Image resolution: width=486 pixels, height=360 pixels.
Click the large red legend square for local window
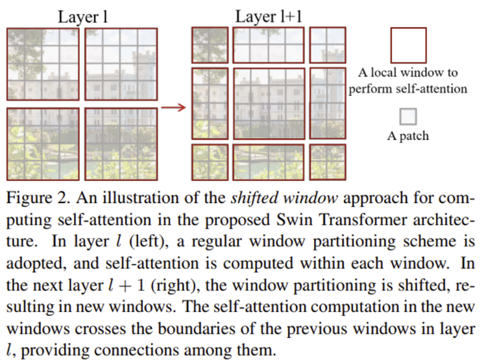click(x=408, y=45)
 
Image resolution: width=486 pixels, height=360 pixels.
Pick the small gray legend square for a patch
click(x=407, y=117)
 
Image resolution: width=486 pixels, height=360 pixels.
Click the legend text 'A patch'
click(x=407, y=137)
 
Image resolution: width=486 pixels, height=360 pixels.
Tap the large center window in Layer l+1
click(x=269, y=103)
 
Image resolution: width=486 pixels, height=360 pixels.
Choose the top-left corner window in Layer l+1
click(x=210, y=45)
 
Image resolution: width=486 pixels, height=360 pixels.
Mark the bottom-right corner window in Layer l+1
click(x=327, y=162)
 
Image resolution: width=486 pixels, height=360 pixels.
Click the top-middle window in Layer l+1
click(x=269, y=45)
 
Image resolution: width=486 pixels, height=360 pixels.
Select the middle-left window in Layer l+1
click(x=210, y=103)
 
